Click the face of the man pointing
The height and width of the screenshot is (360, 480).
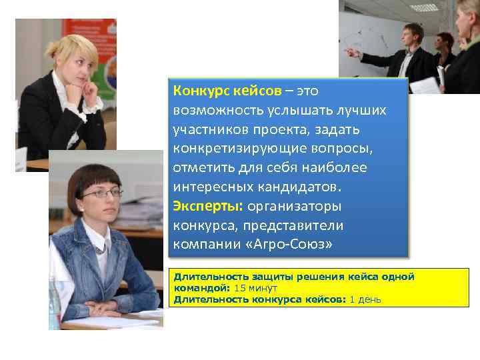pyautogui.click(x=413, y=35)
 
